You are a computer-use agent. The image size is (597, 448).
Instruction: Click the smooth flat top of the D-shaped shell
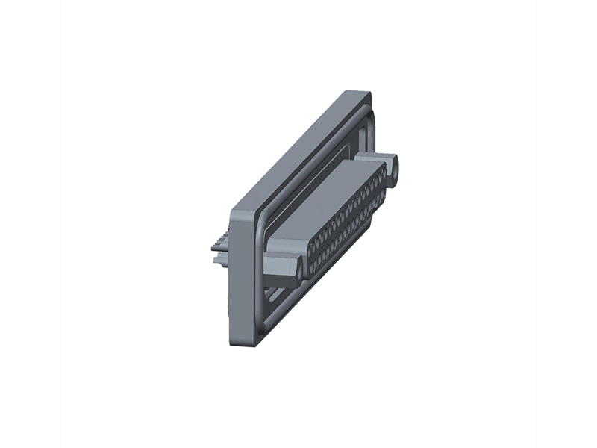(x=328, y=202)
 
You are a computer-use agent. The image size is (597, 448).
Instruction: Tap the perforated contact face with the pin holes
(x=347, y=224)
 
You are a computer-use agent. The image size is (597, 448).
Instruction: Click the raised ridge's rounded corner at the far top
(x=364, y=109)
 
